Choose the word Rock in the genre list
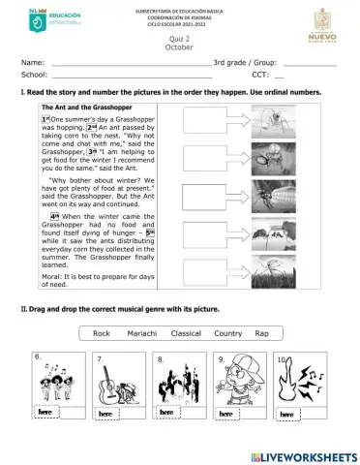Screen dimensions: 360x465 click(102, 333)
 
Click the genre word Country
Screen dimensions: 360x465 click(227, 333)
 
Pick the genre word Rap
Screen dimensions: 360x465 click(260, 333)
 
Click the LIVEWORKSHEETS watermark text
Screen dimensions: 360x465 click(309, 455)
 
